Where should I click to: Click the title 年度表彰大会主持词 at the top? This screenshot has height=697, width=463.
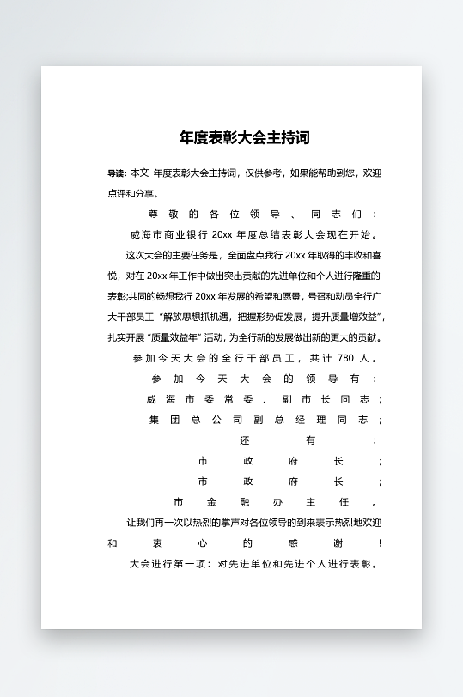pos(244,137)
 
